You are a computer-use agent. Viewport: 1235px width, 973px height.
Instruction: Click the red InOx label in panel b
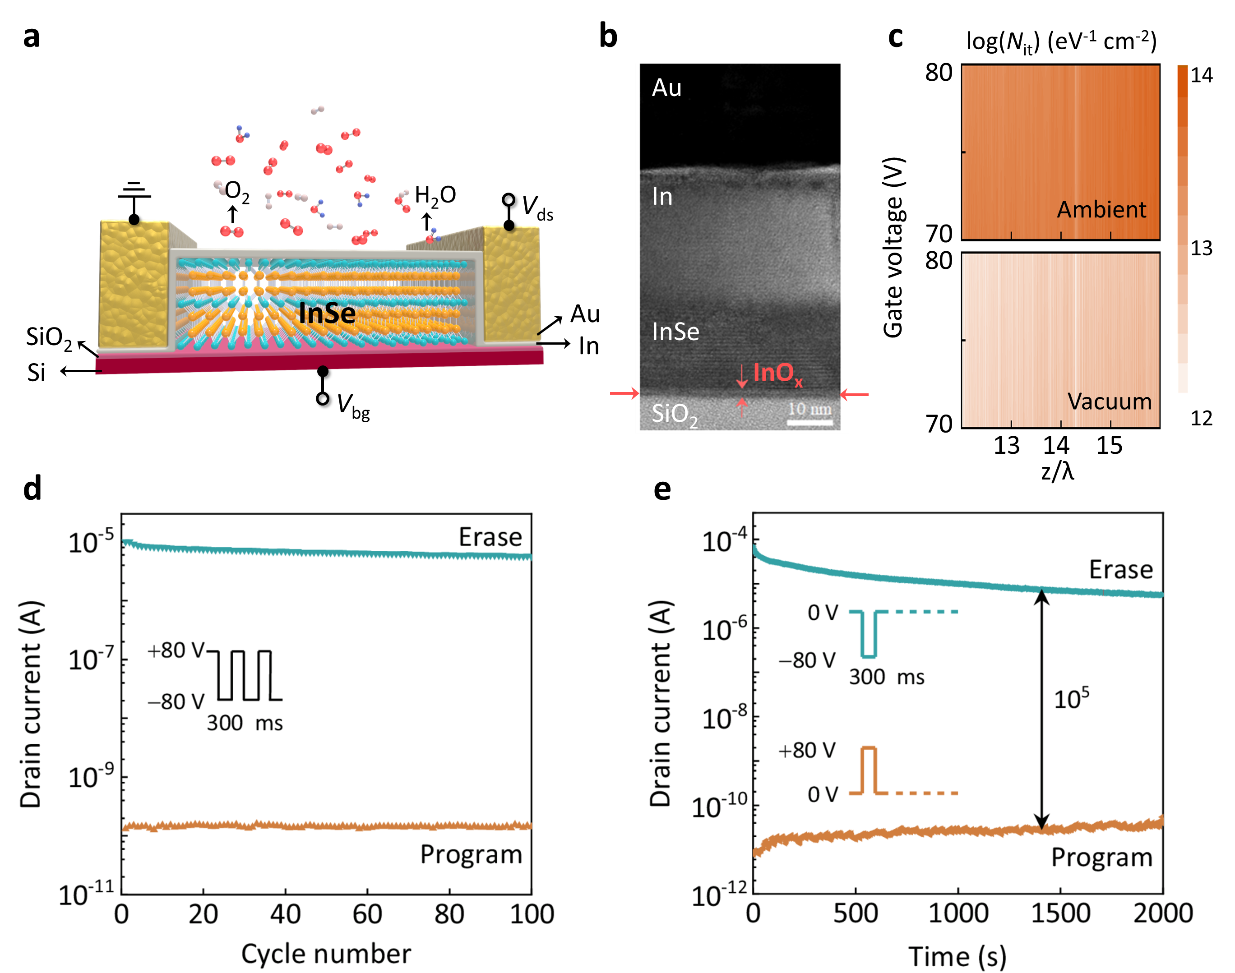point(777,373)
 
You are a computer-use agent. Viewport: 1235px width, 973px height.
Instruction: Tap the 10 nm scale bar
point(810,422)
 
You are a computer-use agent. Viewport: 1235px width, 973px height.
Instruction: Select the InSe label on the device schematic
point(327,314)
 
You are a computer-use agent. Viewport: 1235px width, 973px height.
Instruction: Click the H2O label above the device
point(435,195)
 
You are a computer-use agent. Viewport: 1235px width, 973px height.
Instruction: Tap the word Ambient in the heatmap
point(1101,210)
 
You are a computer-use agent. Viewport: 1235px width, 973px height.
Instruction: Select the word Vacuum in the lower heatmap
point(1109,401)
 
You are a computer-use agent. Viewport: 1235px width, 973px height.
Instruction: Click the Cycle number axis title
point(326,954)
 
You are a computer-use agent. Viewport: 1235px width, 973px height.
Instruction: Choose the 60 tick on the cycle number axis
point(367,914)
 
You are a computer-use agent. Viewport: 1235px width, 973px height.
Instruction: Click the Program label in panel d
point(471,854)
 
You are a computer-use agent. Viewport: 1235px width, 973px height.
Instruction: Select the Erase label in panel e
point(1120,570)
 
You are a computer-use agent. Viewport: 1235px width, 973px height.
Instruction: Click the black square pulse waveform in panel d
point(245,675)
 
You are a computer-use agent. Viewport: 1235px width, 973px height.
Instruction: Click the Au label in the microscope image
point(666,88)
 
